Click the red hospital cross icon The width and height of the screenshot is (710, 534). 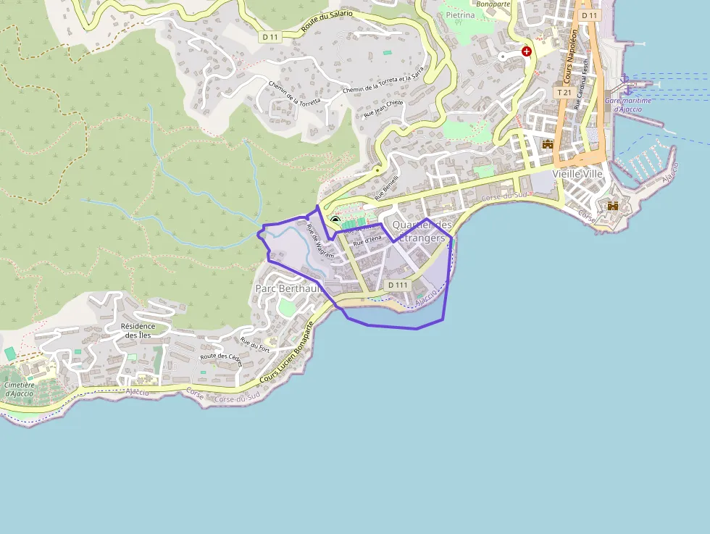coord(527,51)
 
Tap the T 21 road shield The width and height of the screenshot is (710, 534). coord(564,93)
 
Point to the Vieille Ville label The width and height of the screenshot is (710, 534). coord(577,174)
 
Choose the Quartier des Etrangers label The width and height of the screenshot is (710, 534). coord(422,231)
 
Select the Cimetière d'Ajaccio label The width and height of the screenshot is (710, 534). coord(19,389)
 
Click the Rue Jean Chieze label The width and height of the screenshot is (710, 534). coord(383,107)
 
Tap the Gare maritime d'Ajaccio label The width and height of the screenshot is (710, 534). coord(627,104)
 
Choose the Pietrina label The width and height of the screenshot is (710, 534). coord(461,14)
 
